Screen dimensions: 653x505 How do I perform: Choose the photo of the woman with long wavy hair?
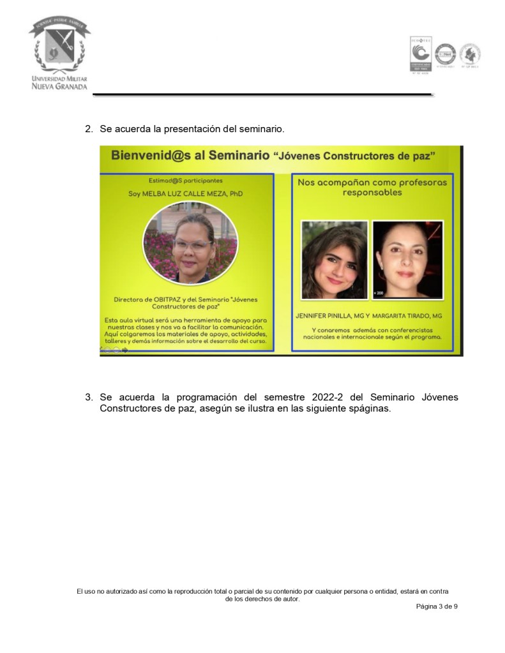coord(334,259)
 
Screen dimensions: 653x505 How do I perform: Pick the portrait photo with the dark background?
coord(407,259)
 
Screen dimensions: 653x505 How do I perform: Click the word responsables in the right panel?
coord(372,193)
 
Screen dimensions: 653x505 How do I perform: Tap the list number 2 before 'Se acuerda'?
coord(89,129)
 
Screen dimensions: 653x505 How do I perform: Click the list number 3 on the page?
coord(89,398)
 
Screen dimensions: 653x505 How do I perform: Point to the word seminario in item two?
coord(260,129)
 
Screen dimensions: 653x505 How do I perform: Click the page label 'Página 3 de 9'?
coord(436,606)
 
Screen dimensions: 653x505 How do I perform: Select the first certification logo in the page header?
coord(420,54)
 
